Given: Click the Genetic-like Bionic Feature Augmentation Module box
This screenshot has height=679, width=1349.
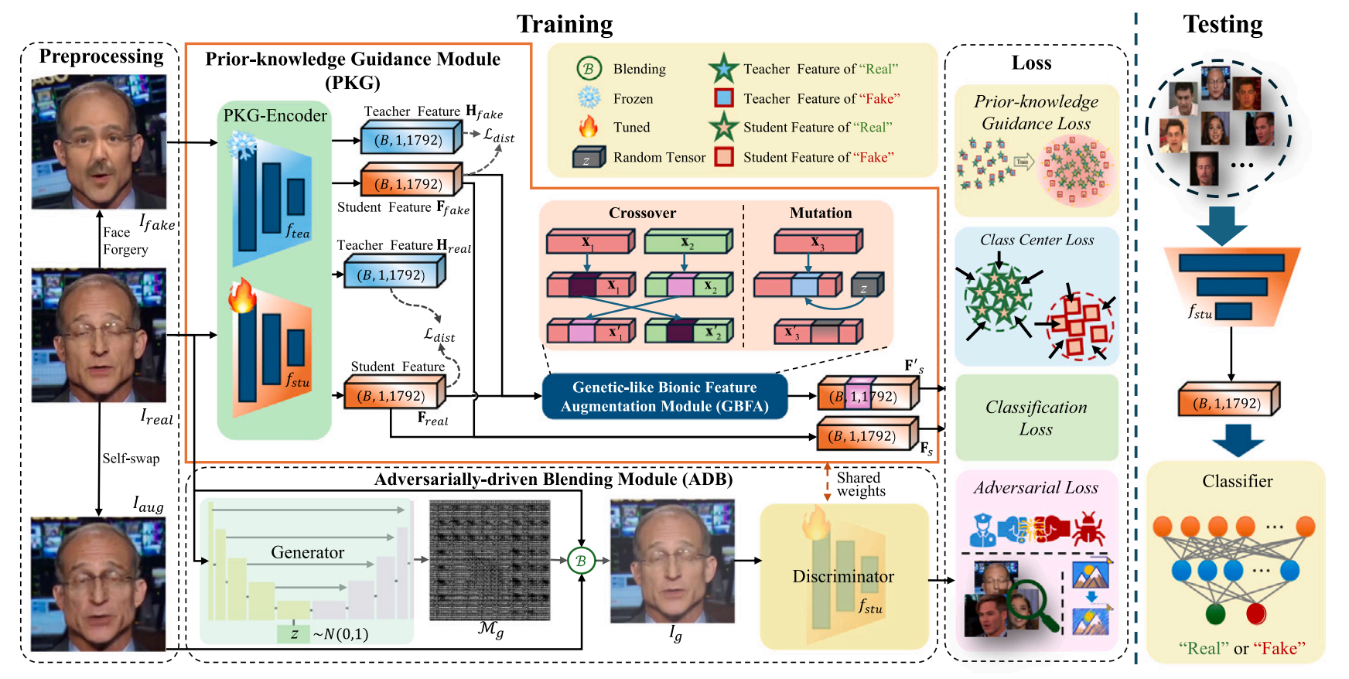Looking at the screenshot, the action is [x=664, y=397].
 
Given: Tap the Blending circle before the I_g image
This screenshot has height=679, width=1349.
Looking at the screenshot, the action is [x=581, y=561].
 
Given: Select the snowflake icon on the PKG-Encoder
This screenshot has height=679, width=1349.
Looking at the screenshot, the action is [x=241, y=145].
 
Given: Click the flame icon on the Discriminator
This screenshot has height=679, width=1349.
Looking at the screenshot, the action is [x=815, y=522].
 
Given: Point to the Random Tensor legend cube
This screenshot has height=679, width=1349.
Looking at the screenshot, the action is [x=588, y=157].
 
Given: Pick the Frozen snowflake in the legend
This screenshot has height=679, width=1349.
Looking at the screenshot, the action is [x=589, y=98].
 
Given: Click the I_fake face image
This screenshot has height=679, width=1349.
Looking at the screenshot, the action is [x=99, y=142].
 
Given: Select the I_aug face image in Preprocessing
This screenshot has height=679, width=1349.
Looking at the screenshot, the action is [x=98, y=584].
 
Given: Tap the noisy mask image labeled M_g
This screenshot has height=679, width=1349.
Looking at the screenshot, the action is [x=490, y=560].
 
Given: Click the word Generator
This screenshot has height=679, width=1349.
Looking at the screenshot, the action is [x=307, y=552].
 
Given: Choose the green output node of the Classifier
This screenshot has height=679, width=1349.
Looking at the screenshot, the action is [x=1216, y=614].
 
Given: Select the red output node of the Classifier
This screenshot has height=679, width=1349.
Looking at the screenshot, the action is [x=1256, y=614].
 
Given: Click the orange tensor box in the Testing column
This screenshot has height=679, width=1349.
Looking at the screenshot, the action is [x=1228, y=401].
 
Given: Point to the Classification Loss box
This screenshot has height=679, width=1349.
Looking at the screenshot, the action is [x=1037, y=418].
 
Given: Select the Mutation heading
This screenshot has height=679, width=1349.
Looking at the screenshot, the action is [x=821, y=213].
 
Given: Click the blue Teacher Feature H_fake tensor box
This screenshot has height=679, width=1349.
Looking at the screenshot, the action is [x=412, y=138].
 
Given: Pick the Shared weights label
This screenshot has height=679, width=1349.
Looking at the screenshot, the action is [x=860, y=484].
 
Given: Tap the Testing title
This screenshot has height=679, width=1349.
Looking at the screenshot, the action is [x=1223, y=25].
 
